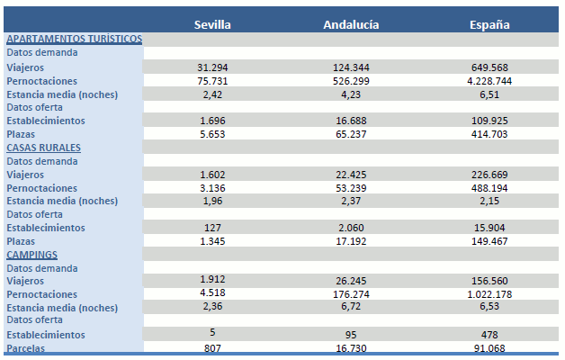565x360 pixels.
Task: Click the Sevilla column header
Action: point(213,24)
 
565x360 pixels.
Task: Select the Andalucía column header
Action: point(351,24)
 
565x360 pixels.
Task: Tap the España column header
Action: point(490,24)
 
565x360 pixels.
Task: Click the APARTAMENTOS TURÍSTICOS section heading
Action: point(74,39)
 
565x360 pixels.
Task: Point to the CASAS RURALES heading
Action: point(44,147)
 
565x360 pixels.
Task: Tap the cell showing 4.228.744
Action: point(489,81)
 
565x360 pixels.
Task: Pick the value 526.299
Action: point(351,81)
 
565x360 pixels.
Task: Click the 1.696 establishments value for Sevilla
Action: point(213,121)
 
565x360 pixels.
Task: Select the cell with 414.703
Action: point(489,134)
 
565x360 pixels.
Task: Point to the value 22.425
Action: point(351,175)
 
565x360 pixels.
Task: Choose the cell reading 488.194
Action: point(489,188)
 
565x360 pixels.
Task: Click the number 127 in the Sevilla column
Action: point(213,228)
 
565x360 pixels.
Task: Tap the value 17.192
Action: point(351,241)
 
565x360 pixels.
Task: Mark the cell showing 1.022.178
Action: point(489,294)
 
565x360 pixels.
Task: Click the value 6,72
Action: point(351,307)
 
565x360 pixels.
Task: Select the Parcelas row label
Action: point(26,348)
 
